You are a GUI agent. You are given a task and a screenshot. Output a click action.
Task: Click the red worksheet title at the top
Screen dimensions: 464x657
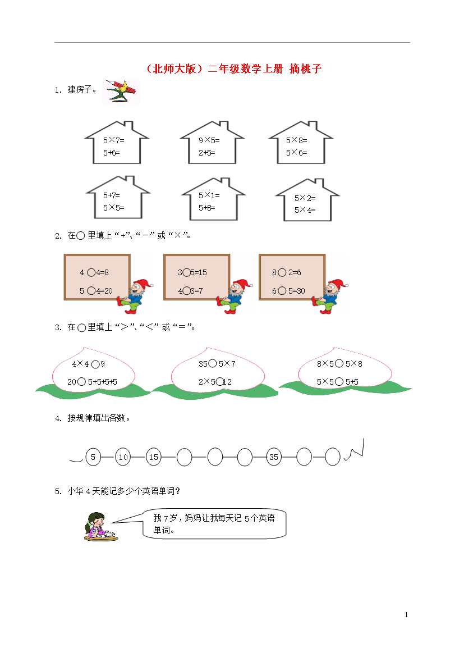pyautogui.click(x=233, y=69)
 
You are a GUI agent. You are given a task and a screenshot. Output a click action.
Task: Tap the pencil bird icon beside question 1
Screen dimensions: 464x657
pyautogui.click(x=121, y=92)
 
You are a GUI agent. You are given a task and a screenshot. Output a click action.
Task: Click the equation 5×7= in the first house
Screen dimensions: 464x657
pyautogui.click(x=113, y=140)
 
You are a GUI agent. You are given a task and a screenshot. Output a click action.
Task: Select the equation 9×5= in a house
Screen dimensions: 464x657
pyautogui.click(x=209, y=140)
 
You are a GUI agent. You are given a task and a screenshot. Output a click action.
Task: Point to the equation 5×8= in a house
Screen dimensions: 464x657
pyautogui.click(x=296, y=140)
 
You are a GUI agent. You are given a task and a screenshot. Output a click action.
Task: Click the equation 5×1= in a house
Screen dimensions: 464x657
pyautogui.click(x=209, y=195)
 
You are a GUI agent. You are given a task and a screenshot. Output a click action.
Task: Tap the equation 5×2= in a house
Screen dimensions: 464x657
pyautogui.click(x=305, y=198)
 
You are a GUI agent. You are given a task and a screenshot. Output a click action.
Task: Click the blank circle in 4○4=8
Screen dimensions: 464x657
pyautogui.click(x=91, y=273)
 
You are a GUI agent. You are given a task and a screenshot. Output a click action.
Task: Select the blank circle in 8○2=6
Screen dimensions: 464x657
pyautogui.click(x=282, y=273)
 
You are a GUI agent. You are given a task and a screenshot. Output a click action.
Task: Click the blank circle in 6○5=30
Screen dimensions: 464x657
pyautogui.click(x=282, y=291)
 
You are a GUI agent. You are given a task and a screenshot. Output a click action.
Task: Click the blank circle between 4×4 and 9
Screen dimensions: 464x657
pyautogui.click(x=95, y=364)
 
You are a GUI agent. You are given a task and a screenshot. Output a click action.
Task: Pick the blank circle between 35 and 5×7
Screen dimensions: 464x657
pyautogui.click(x=213, y=364)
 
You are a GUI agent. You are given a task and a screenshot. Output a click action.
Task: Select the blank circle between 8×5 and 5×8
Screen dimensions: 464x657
pyautogui.click(x=339, y=364)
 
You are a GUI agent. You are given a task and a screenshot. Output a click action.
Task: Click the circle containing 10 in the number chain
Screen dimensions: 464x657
pyautogui.click(x=123, y=457)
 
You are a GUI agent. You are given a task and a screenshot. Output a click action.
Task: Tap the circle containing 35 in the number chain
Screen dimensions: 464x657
pyautogui.click(x=274, y=457)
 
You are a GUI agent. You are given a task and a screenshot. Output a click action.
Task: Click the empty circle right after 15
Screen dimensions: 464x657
pyautogui.click(x=184, y=457)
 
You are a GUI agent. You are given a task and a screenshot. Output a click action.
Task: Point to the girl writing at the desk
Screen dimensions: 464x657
pyautogui.click(x=100, y=527)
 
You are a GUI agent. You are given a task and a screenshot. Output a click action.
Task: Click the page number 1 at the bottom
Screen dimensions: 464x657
pyautogui.click(x=406, y=615)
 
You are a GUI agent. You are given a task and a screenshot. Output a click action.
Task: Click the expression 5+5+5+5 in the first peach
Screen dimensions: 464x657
pyautogui.click(x=103, y=382)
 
